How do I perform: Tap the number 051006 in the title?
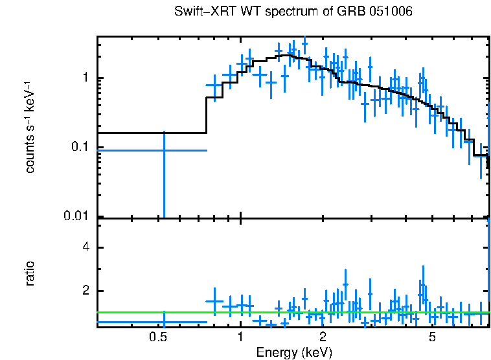393,12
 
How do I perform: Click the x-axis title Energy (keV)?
293,352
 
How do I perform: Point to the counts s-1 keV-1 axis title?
30,127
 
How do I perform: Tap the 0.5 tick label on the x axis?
158,337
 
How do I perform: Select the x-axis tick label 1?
240,337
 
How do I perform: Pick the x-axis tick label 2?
322,337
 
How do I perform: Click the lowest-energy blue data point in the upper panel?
164,150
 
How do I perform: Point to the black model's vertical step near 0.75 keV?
207,115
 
